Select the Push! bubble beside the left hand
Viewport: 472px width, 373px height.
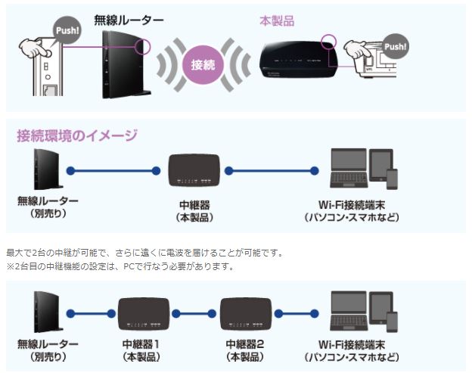(66, 30)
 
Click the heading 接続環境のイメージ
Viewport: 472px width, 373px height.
(77, 136)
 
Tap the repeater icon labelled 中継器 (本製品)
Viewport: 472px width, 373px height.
(194, 172)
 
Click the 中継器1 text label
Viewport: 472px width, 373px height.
(142, 344)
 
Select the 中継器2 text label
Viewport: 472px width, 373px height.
(246, 344)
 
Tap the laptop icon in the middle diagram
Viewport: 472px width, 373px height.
(349, 168)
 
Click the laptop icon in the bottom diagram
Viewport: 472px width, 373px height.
(349, 311)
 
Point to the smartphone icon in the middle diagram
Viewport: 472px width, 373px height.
(392, 179)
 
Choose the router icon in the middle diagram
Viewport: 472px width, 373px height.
(45, 170)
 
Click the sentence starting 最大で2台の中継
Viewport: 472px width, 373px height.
(144, 252)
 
